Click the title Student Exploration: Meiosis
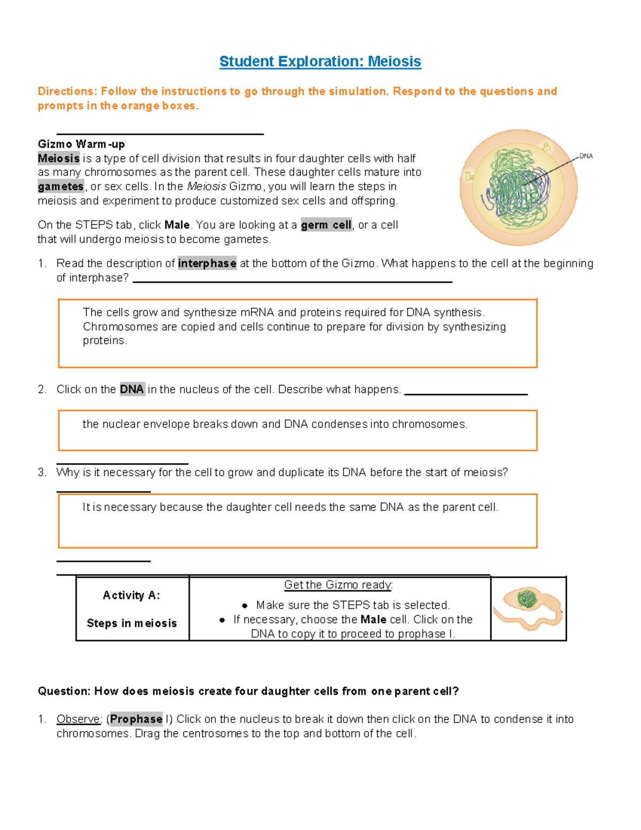pyautogui.click(x=320, y=61)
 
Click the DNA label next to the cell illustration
pyautogui.click(x=586, y=156)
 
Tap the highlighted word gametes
pyautogui.click(x=60, y=187)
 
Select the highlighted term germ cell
pyautogui.click(x=326, y=225)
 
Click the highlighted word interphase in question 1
pyautogui.click(x=207, y=263)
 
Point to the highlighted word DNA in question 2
pyautogui.click(x=131, y=389)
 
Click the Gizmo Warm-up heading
pyautogui.click(x=81, y=144)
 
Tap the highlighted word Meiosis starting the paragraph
pyautogui.click(x=58, y=158)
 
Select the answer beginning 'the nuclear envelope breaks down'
pyautogui.click(x=275, y=424)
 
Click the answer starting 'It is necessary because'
pyautogui.click(x=290, y=507)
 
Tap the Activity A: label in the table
pyautogui.click(x=131, y=595)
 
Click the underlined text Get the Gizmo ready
pyautogui.click(x=338, y=585)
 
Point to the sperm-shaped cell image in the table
pyautogui.click(x=528, y=608)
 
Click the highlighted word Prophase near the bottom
pyautogui.click(x=136, y=719)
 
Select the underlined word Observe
pyautogui.click(x=79, y=719)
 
